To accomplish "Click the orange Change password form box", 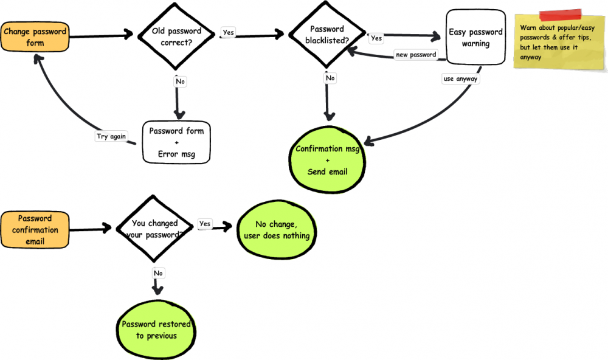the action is point(35,37).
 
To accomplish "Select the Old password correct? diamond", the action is point(176,36).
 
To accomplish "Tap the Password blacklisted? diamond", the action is point(327,35).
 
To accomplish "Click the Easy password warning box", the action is point(476,37).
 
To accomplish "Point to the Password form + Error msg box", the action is point(176,142).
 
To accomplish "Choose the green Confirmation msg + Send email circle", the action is point(327,160).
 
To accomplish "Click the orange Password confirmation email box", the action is point(35,230).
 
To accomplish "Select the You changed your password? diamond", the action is point(154,229).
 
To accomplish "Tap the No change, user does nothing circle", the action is point(277,230).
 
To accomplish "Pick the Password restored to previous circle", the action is point(156,330).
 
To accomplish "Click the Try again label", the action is point(111,136).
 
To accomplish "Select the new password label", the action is point(416,55).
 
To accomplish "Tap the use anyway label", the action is point(461,79).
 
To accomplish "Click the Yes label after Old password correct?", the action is point(229,32).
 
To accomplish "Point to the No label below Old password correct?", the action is point(181,81).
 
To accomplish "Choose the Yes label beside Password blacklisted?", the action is point(376,38).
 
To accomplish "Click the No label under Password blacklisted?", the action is point(330,78).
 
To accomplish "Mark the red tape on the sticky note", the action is point(561,15).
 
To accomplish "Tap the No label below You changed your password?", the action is point(158,273).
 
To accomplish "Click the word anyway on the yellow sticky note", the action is point(530,57).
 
